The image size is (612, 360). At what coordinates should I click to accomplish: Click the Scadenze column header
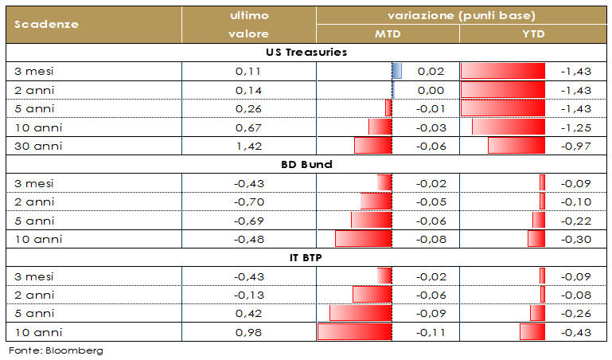coord(47,24)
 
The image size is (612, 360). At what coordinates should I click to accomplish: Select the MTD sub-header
coord(388,34)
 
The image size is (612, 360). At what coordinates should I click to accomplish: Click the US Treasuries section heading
coord(306,53)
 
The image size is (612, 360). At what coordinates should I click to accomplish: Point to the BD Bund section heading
coord(306,165)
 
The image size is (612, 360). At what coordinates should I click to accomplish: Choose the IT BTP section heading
coord(306,258)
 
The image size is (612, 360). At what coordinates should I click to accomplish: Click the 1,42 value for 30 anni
coord(249,146)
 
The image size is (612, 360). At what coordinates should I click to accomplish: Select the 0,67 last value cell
coord(249,127)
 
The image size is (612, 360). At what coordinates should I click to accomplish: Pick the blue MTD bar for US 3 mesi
coord(397,72)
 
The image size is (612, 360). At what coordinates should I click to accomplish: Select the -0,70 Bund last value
coord(249,202)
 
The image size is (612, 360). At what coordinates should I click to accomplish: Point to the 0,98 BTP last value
coord(249,332)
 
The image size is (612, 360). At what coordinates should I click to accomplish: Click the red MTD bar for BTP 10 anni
coord(355,332)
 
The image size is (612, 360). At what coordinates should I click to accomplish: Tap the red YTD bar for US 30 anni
coord(516,146)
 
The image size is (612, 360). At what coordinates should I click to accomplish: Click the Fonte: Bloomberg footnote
coord(56,350)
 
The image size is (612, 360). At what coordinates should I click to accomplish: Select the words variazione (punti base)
coord(461,15)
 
